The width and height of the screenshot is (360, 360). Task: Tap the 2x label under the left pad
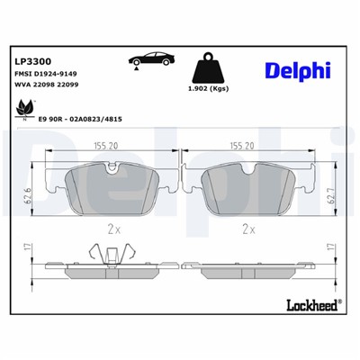click(113, 229)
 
